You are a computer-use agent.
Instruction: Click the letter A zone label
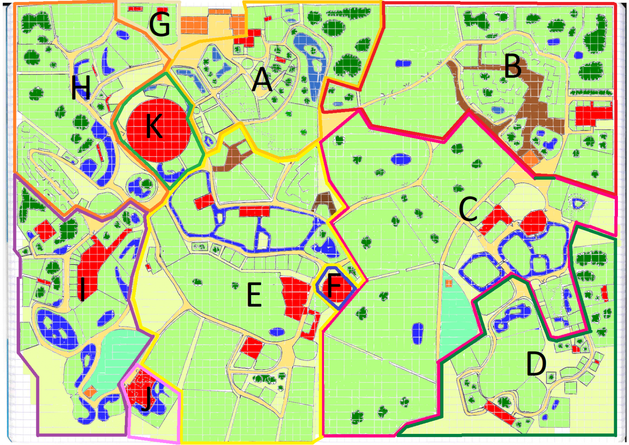262,80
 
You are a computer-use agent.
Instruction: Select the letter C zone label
468,209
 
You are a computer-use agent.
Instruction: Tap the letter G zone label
160,25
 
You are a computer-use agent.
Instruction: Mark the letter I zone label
83,289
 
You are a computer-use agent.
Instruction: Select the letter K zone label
154,126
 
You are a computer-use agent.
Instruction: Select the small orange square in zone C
449,283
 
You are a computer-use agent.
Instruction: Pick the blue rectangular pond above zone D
418,333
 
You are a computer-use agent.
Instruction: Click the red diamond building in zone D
500,412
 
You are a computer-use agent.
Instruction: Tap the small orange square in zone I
91,391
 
